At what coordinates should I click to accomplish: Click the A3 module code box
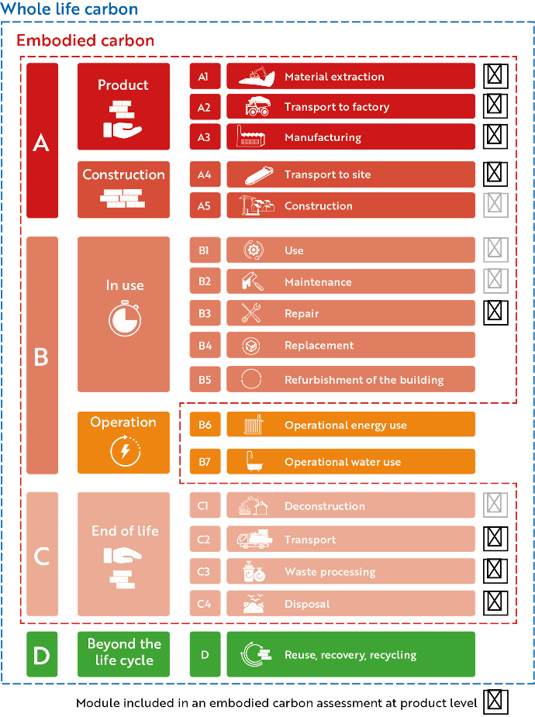coord(205,137)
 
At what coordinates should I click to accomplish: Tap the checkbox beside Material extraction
coord(495,76)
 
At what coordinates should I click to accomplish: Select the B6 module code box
coord(205,424)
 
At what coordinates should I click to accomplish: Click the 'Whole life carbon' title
coord(69,9)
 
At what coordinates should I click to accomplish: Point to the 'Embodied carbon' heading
coord(85,40)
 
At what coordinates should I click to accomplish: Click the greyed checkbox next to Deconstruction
coord(495,505)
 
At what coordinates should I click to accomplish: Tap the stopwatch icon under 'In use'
coord(125,319)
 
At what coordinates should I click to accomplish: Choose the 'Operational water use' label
coord(343,462)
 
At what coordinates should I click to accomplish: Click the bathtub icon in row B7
coord(254,461)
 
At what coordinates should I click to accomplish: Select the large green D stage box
coord(42,654)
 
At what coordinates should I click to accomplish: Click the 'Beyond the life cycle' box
coord(123,654)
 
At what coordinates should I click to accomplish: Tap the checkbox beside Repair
coord(495,312)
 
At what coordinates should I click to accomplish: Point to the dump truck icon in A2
coord(257,106)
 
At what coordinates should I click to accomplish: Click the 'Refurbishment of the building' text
coord(364,380)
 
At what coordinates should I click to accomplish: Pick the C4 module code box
coord(205,604)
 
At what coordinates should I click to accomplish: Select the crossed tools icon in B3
coord(251,313)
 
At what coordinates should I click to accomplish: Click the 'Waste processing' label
coord(330,571)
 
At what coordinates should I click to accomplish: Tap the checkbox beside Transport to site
coord(495,174)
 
